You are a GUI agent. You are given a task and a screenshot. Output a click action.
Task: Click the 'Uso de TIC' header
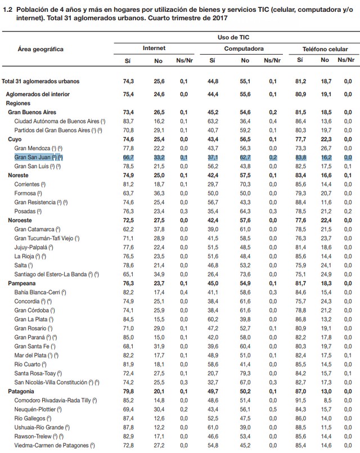point(233,36)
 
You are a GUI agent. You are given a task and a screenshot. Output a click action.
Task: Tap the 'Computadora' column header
point(244,49)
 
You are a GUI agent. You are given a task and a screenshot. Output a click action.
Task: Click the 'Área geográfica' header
point(40,50)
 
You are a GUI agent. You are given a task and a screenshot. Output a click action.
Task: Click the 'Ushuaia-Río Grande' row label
point(46,427)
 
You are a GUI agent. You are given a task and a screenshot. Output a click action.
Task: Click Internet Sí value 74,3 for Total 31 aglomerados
point(128,81)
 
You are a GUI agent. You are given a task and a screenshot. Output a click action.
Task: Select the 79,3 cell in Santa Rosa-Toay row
point(245,373)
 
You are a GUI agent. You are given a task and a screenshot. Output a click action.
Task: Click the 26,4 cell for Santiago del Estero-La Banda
point(213,274)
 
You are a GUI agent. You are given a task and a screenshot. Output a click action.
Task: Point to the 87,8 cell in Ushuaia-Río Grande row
point(128,427)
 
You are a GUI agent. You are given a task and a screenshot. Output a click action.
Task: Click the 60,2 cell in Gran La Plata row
point(213,319)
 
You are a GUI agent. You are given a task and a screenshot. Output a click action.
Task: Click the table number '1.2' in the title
point(6,6)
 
